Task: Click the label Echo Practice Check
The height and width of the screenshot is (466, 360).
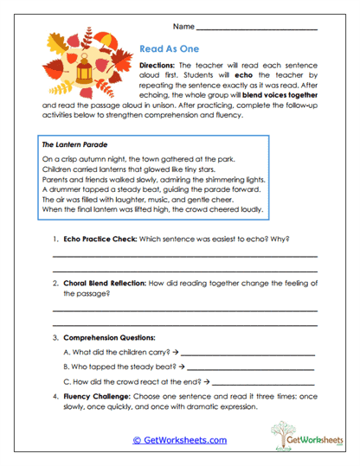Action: (98, 239)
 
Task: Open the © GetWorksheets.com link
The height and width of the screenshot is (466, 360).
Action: (179, 440)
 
